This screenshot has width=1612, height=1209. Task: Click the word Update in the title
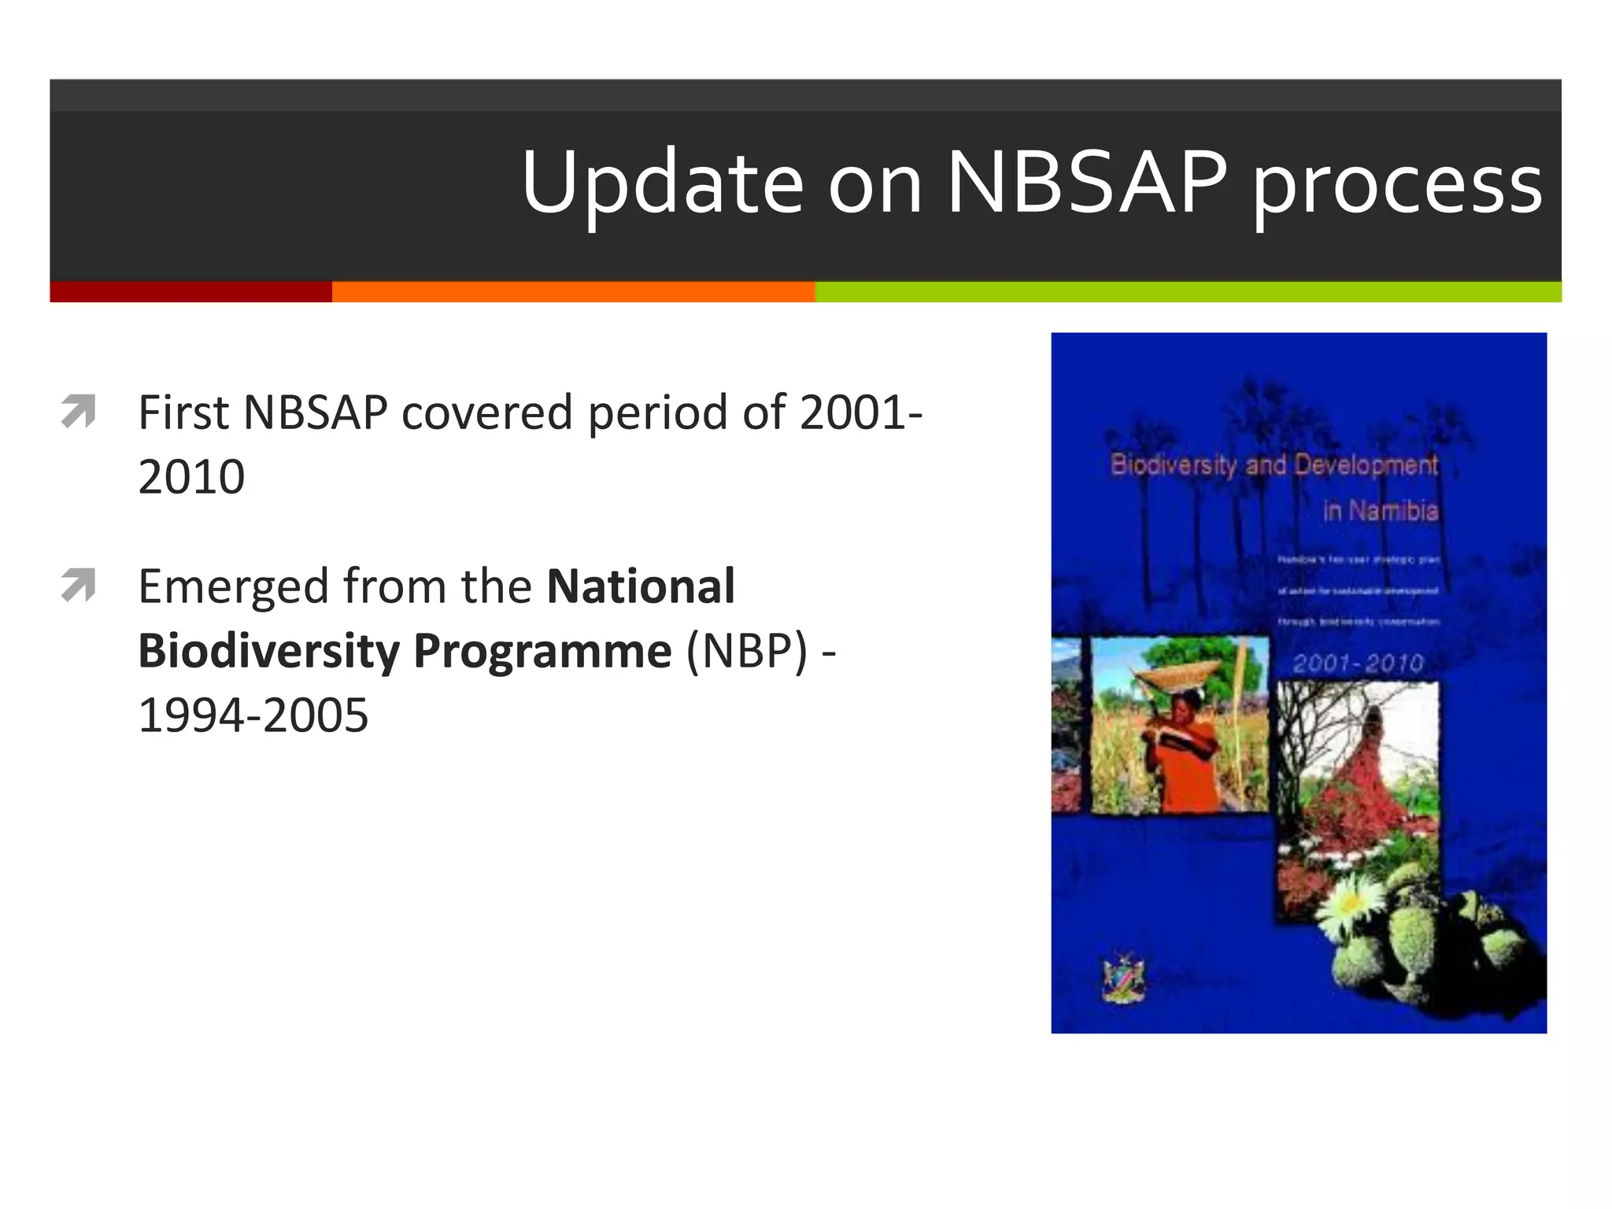pyautogui.click(x=661, y=183)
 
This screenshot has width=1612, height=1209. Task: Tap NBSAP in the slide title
pyautogui.click(x=1086, y=183)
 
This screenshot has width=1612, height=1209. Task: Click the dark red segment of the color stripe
pyautogui.click(x=190, y=292)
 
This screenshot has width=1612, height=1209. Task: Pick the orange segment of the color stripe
pyautogui.click(x=573, y=292)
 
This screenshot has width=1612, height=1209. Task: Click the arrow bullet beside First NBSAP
pyautogui.click(x=79, y=412)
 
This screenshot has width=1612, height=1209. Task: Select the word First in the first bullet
pyautogui.click(x=183, y=412)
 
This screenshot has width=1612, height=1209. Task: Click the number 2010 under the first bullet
pyautogui.click(x=191, y=477)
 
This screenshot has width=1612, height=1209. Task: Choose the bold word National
pyautogui.click(x=641, y=586)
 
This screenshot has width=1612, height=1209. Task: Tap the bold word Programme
pyautogui.click(x=542, y=652)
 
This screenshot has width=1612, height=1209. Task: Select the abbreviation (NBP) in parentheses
pyautogui.click(x=747, y=652)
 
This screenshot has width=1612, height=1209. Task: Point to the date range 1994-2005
pyautogui.click(x=253, y=715)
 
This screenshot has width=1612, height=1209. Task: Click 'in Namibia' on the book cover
pyautogui.click(x=1381, y=512)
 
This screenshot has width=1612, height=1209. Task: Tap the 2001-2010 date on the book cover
pyautogui.click(x=1359, y=664)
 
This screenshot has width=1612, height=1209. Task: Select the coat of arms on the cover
pyautogui.click(x=1124, y=980)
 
